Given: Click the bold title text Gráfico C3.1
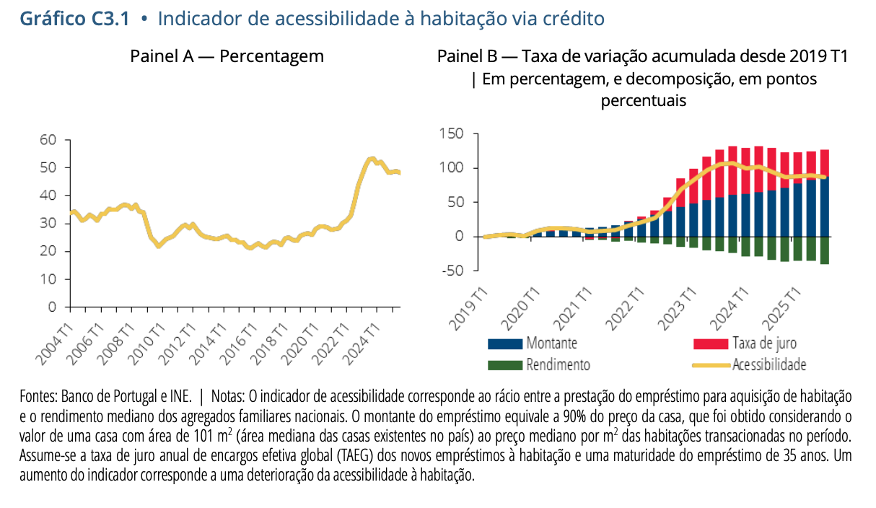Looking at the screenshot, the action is coord(74,19).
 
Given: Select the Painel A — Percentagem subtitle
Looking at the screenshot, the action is coord(227,56).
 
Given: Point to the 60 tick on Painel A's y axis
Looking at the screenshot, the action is coord(48,139).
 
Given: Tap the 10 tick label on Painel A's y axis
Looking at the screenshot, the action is coord(48,279).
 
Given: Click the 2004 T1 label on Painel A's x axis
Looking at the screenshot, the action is coord(55,345).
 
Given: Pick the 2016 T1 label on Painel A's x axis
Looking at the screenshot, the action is coord(239,345).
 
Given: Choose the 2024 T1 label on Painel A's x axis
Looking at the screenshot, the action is coord(362,345).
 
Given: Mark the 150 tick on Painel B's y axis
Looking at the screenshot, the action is coord(451,133).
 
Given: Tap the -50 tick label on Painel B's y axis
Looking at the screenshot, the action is coord(453,271).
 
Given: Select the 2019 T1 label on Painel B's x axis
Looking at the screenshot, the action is coord(468,310).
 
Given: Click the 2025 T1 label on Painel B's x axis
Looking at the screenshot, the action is coord(781,310).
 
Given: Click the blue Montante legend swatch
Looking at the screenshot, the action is coord(505,343).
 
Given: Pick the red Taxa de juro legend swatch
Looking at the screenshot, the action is coord(711,343).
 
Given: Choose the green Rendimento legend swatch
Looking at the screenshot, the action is coord(505,365).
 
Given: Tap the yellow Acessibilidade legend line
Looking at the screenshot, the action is coord(711,366).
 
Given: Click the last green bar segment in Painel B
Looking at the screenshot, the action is coord(824,250).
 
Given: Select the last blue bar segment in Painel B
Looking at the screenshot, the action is coord(824,207).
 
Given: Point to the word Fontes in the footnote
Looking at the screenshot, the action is coord(38,397).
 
